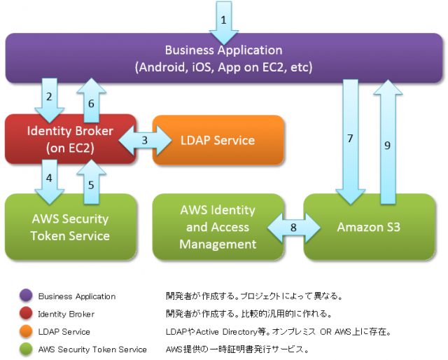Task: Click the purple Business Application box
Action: coord(223,59)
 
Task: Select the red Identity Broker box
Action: coord(70,139)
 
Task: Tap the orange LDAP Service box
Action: coord(218,140)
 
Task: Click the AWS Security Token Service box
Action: coord(70,227)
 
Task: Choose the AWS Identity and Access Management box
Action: coord(218,227)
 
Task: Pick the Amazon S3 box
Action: coord(368,227)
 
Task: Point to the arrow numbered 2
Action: coord(49,98)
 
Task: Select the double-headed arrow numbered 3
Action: coord(145,140)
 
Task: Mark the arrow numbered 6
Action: coord(90,98)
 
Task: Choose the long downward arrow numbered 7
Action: coord(350,140)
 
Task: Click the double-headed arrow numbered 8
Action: coord(294,227)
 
